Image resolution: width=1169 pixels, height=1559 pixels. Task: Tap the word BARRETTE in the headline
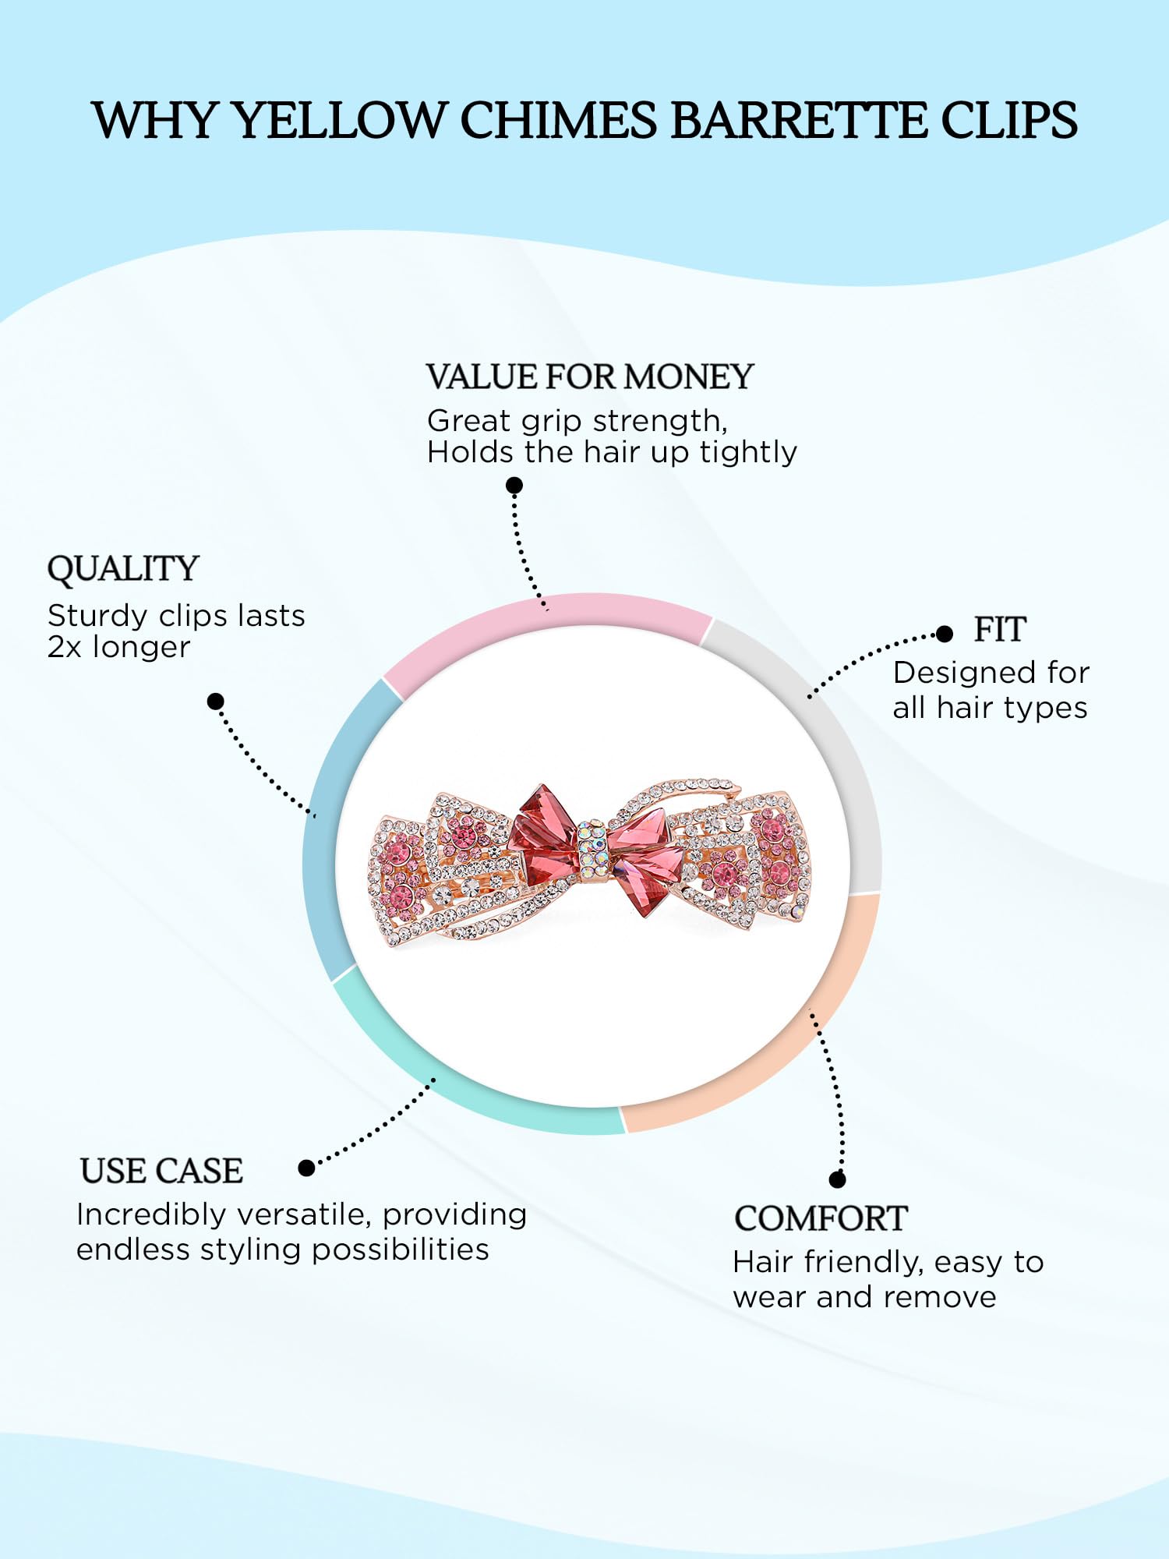tap(797, 121)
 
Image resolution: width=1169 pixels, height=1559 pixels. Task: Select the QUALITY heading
tap(123, 570)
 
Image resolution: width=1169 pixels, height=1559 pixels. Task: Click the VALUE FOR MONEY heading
tap(590, 376)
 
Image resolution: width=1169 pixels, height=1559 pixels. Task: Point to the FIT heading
tap(1000, 629)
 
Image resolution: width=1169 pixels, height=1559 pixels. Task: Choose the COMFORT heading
tap(821, 1219)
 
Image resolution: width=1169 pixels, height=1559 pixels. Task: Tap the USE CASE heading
tap(161, 1171)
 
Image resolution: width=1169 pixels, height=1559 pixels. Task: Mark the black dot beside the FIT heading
tap(945, 634)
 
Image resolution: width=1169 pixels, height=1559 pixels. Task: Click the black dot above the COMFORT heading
tap(838, 1179)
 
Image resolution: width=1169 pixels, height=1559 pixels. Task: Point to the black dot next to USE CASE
tap(306, 1168)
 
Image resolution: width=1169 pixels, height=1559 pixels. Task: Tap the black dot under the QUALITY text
tap(216, 702)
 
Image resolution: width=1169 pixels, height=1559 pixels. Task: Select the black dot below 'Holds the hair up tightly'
tap(514, 486)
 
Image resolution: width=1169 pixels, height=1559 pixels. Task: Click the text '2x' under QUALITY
tap(64, 648)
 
